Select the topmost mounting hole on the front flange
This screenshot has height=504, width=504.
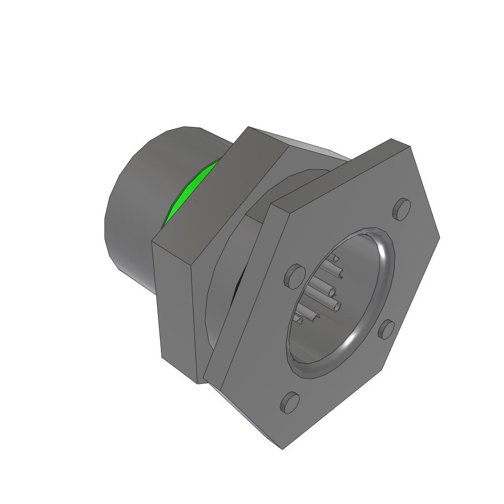[x=402, y=209]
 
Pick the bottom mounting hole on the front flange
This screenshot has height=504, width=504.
[x=289, y=403]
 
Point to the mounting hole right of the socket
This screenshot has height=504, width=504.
[x=386, y=329]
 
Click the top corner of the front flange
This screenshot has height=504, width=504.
[x=392, y=140]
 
